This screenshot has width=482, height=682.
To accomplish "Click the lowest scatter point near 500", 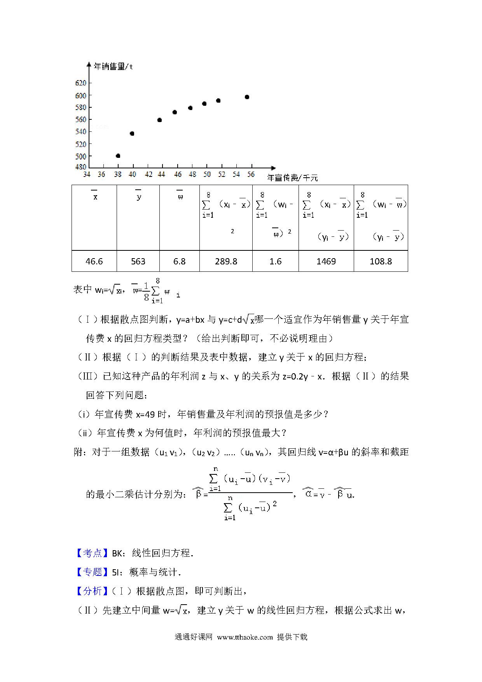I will [x=118, y=156].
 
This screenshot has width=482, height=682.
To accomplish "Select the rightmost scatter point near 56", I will [x=247, y=97].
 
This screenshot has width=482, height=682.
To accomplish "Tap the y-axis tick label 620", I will [x=81, y=83].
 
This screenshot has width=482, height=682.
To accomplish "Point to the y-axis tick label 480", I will [x=81, y=167].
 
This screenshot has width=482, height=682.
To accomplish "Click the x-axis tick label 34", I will [x=87, y=175].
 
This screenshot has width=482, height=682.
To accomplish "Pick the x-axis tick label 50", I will [x=207, y=175].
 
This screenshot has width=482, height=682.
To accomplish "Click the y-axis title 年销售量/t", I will [x=114, y=66].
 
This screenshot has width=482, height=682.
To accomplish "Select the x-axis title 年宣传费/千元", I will [x=293, y=178].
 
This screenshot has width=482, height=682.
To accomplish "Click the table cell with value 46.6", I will [x=94, y=261].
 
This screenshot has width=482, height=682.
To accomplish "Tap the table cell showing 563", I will [x=138, y=261].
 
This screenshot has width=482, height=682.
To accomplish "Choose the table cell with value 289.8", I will [x=226, y=261].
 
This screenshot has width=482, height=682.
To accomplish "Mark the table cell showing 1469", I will [x=326, y=261].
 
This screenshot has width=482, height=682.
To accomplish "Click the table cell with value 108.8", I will [x=381, y=261].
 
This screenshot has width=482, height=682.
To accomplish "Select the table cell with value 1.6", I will [x=275, y=261].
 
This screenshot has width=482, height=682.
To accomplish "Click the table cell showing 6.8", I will [x=179, y=261].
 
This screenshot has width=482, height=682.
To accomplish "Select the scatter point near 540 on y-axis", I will [x=132, y=134].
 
